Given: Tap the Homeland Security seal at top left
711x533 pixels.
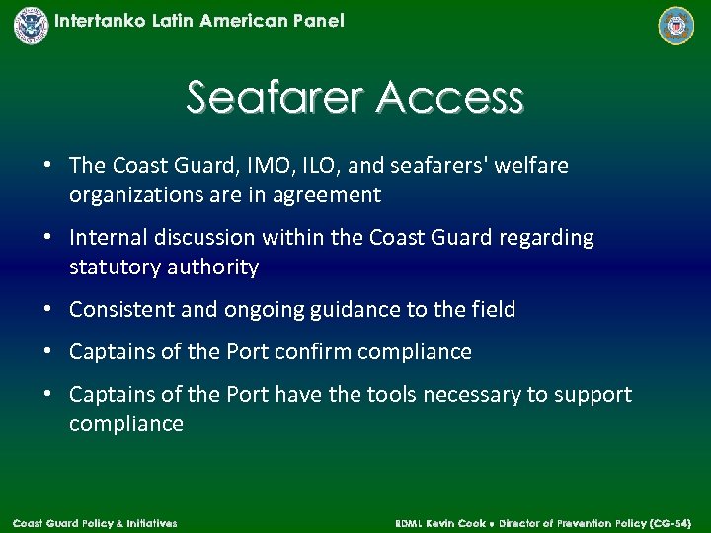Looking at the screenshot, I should (x=31, y=25).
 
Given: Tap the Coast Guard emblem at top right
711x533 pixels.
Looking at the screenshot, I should (x=676, y=26).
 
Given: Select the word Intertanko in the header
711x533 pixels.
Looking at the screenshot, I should (x=102, y=21).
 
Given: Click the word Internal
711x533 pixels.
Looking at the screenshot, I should (x=110, y=238).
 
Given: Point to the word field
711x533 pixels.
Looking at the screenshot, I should (x=494, y=310).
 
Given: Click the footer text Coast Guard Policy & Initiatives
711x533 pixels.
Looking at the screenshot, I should (x=95, y=522).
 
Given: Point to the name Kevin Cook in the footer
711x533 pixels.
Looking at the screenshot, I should (x=454, y=522).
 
